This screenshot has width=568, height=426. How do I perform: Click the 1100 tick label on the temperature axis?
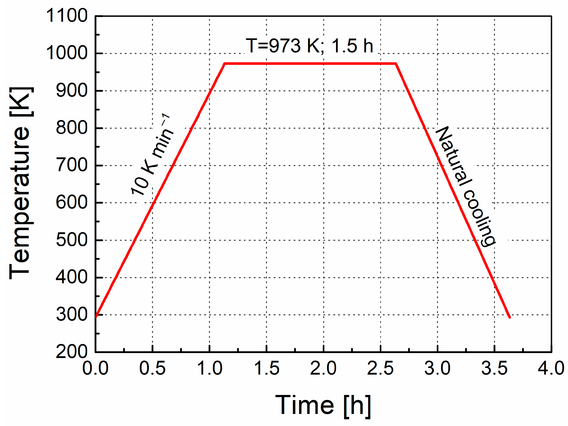pos(66,16)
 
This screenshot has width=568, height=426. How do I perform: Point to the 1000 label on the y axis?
pos(66,53)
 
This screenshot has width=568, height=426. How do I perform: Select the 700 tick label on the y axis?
pos(72,165)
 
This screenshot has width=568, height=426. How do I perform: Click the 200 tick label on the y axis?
pos(72,352)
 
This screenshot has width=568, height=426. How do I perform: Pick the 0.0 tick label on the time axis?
pos(95,368)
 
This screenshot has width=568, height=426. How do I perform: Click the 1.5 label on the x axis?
pos(267,368)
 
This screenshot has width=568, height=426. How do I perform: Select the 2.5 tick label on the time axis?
pos(380,368)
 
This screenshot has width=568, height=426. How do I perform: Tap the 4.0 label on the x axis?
pos(551,368)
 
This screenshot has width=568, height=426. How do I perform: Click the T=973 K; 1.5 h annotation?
pos(309,46)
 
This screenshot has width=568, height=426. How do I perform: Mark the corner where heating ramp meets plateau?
pos(225,63)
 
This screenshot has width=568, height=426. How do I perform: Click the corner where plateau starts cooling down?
pos(396,63)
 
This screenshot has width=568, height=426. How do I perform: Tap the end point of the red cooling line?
pos(510,317)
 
